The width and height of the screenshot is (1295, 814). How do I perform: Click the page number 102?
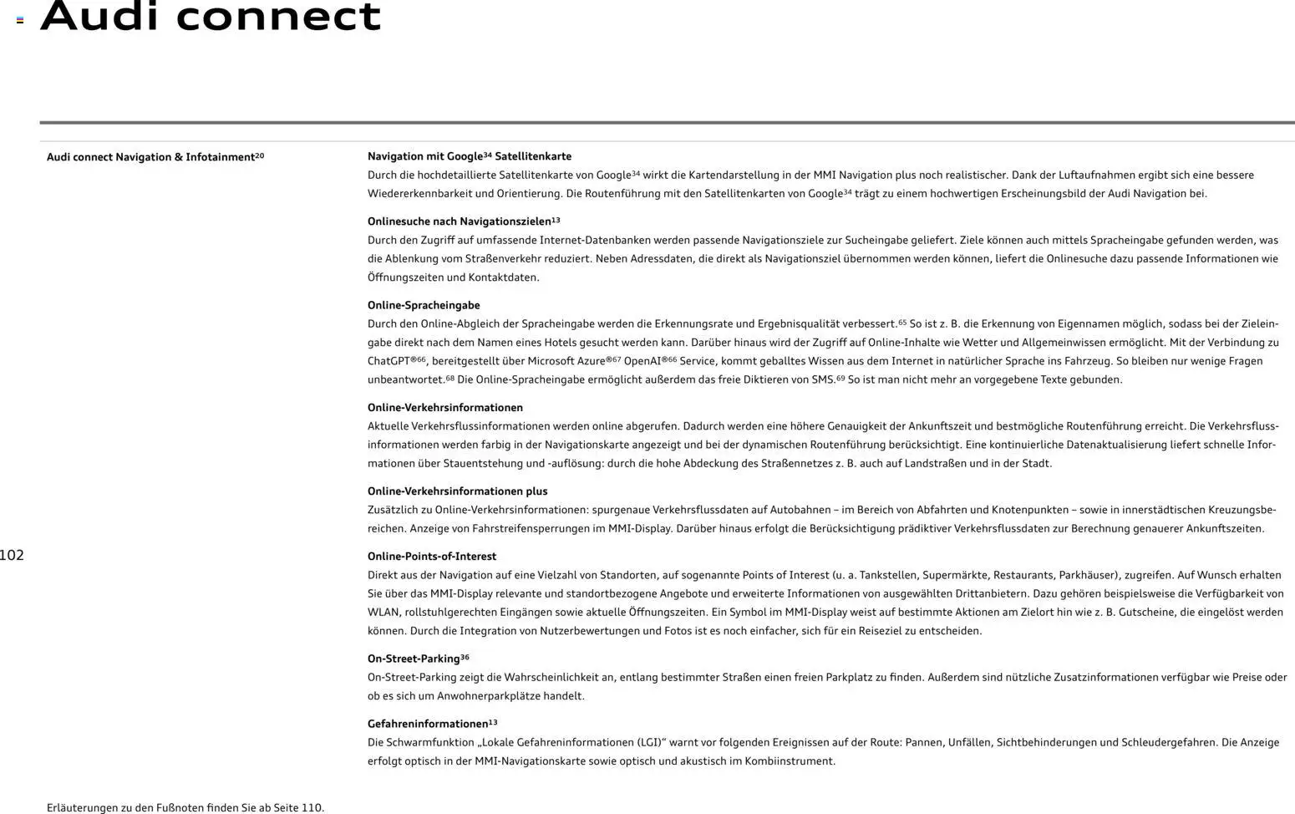(12, 555)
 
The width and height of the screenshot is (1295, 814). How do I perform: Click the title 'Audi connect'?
(211, 16)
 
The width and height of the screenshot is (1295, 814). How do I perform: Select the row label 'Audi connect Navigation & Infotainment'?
(150, 157)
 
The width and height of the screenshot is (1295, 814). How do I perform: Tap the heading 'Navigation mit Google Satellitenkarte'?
(469, 156)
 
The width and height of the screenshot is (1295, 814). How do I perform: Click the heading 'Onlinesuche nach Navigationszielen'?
(459, 221)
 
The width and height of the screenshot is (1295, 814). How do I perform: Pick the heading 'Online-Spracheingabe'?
(424, 305)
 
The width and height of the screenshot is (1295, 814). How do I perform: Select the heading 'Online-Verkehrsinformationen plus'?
(457, 491)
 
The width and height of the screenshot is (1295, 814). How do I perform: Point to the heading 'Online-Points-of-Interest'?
(431, 557)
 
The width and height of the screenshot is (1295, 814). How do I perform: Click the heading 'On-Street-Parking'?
(414, 659)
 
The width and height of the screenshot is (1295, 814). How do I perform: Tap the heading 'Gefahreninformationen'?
(427, 724)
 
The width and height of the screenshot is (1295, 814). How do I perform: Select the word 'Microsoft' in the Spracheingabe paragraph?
(551, 361)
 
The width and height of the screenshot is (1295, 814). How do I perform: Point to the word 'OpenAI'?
(642, 361)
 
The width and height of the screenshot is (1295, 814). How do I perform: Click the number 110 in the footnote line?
(311, 807)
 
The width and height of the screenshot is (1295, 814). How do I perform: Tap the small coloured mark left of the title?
(20, 20)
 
